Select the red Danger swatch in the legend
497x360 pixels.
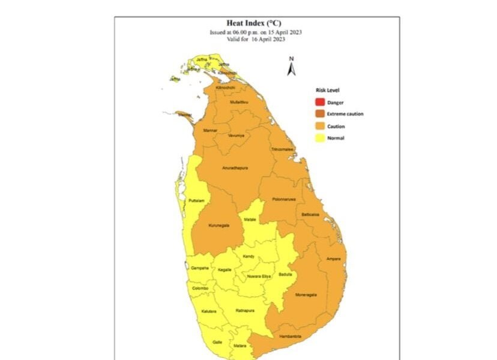pos(320,103)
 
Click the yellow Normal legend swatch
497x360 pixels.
pos(320,138)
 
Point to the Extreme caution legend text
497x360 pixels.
pos(345,114)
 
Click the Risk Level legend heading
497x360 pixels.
pos(328,90)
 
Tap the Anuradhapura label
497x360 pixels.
pos(235,168)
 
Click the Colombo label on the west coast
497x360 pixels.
pos(200,289)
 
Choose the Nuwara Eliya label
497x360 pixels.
pos(259,276)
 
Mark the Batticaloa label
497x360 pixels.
pos(310,214)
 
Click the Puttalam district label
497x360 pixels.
pos(196,200)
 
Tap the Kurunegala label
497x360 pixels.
pos(218,225)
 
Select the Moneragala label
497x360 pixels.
pos(307,295)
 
